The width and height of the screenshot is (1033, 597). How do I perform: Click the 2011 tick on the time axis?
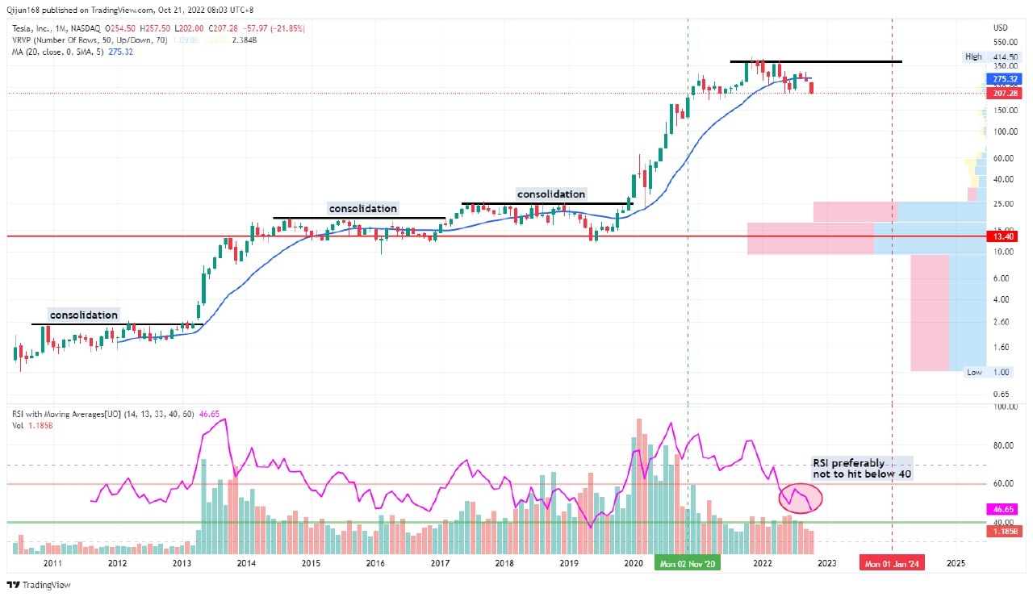(x=52, y=563)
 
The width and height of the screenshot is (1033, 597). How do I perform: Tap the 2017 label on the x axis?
(x=440, y=563)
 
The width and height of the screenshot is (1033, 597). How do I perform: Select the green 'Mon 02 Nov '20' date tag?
(x=686, y=563)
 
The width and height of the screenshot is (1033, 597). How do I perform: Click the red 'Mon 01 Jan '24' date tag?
(x=891, y=563)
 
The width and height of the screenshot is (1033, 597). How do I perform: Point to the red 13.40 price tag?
(x=1002, y=236)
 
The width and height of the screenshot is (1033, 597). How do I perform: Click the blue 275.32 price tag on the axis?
(x=1002, y=79)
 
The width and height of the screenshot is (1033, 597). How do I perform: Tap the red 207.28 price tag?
(x=1002, y=94)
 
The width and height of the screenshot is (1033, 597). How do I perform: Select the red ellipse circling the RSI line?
(x=801, y=498)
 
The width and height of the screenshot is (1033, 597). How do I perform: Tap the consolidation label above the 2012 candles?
(x=84, y=315)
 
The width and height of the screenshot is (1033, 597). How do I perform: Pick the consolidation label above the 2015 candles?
(x=362, y=208)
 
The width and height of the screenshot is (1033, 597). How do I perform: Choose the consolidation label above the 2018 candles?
(x=550, y=194)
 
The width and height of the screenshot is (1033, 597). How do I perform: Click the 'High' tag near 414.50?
(x=973, y=56)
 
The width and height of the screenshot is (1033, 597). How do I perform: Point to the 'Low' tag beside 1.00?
(x=975, y=372)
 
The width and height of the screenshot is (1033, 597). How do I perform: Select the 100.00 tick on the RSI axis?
(x=1005, y=407)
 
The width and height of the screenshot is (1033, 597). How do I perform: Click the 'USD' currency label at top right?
(x=1001, y=28)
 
